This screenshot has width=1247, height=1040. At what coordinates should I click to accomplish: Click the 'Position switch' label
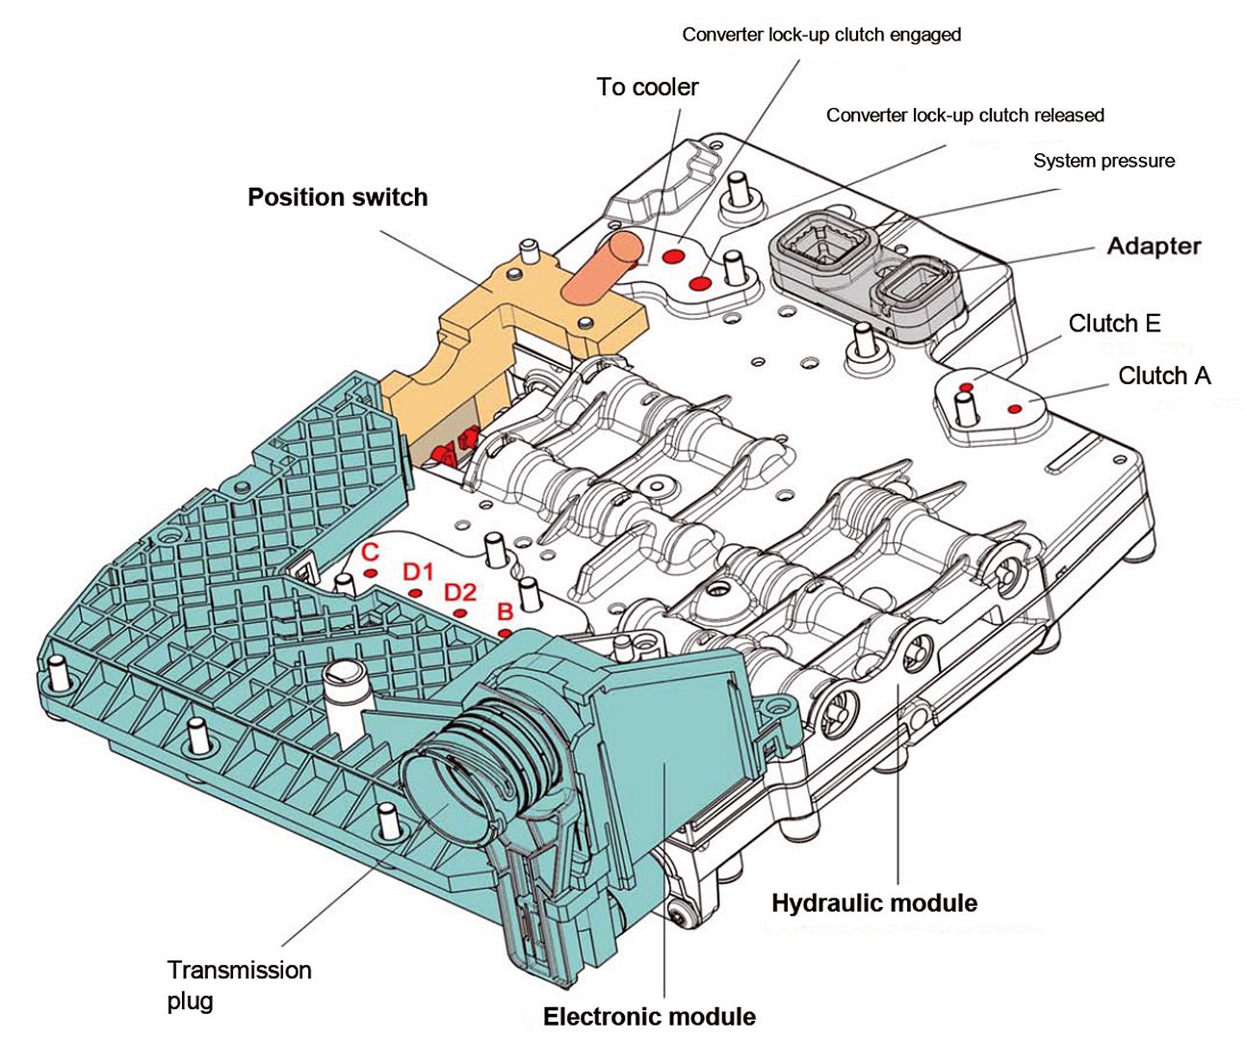pos(337,197)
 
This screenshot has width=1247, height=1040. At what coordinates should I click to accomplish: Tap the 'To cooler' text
pos(647,87)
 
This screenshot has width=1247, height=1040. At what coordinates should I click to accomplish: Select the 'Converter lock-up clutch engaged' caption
pos(821,35)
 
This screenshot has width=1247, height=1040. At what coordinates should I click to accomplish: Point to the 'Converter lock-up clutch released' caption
pos(965,116)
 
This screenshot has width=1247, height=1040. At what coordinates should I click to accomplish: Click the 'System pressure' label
pos(1104,161)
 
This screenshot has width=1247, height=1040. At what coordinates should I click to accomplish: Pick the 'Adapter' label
pos(1154,246)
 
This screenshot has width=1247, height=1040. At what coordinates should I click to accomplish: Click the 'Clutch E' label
pos(1114,324)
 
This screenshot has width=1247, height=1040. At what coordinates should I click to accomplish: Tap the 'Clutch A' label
pos(1163,376)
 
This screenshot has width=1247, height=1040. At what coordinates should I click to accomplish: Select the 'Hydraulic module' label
pos(874,903)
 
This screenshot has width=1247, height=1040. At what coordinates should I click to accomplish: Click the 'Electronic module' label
pos(649,1017)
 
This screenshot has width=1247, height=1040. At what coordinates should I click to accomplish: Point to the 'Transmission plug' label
pos(239,984)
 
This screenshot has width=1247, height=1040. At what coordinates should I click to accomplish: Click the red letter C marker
pos(370,554)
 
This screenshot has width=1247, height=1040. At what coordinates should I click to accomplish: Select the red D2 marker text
pos(460,592)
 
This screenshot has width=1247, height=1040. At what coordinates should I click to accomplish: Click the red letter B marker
pos(505,611)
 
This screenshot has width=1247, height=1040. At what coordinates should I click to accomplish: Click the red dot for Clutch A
pos(1015,409)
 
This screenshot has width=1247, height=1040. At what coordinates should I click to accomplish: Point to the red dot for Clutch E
pos(966,387)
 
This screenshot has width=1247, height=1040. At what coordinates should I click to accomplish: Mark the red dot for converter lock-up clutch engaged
pos(674,256)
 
